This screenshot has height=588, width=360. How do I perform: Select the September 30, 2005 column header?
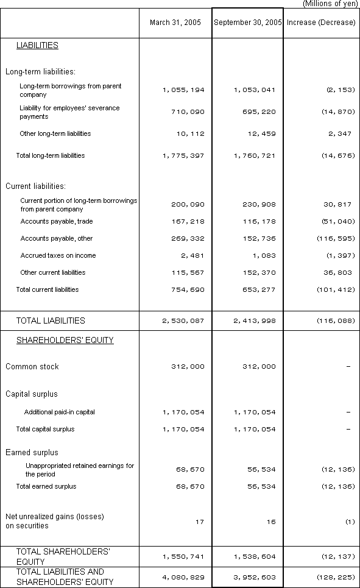[247, 23]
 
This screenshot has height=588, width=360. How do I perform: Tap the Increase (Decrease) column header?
[320, 23]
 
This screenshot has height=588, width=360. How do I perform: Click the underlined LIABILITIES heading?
[37, 46]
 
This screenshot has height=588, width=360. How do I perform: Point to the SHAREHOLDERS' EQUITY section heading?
[65, 341]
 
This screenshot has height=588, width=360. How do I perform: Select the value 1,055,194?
[183, 90]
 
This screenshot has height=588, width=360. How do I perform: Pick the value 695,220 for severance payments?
[255, 112]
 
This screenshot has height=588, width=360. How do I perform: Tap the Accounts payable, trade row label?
[57, 221]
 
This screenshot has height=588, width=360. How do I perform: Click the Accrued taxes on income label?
[58, 255]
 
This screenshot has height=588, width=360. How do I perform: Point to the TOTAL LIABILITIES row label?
[51, 321]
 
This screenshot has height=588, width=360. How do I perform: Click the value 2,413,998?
[255, 321]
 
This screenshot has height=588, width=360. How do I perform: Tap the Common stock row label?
[32, 367]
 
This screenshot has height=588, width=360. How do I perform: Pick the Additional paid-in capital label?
[60, 412]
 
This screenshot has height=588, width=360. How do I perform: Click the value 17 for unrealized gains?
[200, 522]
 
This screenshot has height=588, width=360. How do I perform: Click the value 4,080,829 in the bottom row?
[183, 577]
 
